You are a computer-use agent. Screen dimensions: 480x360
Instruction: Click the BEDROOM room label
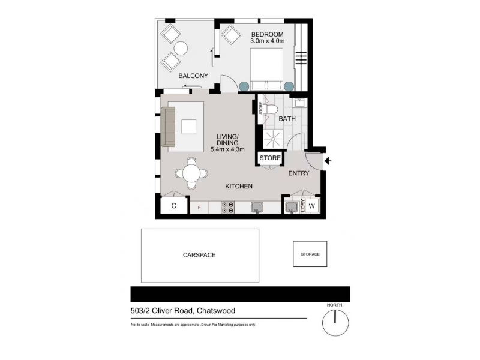[x=267, y=34]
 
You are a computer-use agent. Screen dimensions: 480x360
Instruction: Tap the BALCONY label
[x=193, y=76]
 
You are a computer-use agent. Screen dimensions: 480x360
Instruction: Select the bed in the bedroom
[x=266, y=69]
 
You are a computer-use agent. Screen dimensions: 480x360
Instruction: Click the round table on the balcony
[x=181, y=48]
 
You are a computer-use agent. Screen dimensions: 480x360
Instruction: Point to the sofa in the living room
[x=168, y=127]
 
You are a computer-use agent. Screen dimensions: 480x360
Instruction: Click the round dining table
[x=191, y=173]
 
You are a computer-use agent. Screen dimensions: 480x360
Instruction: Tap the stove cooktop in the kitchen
[x=227, y=207]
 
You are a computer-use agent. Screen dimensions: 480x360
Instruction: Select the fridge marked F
[x=199, y=208]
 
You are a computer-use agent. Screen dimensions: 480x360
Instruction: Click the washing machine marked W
[x=311, y=206]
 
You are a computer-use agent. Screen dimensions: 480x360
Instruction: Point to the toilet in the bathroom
[x=271, y=109]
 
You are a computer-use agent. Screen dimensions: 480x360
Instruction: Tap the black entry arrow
[x=328, y=161]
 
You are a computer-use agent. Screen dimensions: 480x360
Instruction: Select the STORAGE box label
[x=310, y=254]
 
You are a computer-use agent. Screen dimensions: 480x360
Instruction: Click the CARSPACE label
[x=199, y=255]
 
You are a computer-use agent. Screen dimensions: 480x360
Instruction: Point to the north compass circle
[x=335, y=323]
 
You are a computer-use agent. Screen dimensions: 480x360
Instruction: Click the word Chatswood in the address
[x=216, y=311]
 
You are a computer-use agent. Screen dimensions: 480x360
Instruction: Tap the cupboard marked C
[x=174, y=206]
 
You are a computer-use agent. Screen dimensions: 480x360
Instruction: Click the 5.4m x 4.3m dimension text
[x=227, y=149]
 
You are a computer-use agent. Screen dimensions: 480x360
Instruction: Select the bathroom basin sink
[x=299, y=103]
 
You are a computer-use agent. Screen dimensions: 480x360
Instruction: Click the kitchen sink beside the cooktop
[x=257, y=207]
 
